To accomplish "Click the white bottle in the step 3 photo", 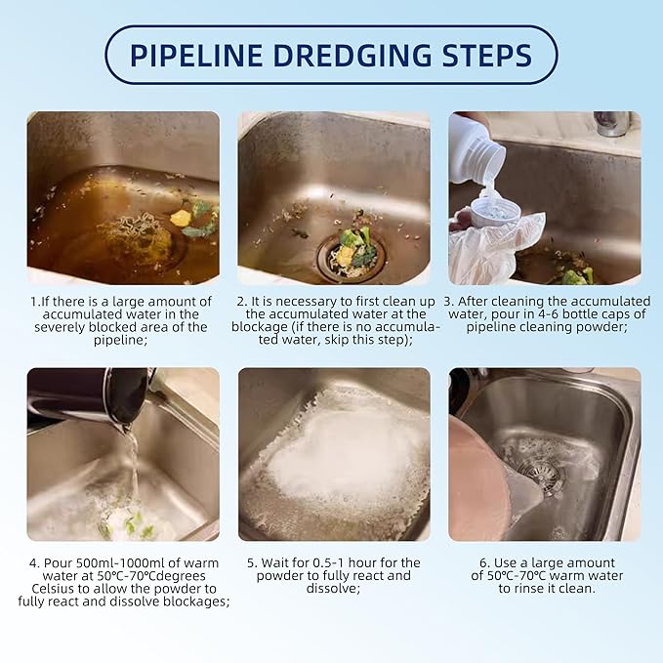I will (x=477, y=147).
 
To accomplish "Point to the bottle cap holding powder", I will (x=495, y=208).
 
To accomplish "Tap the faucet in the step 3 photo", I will (x=612, y=123).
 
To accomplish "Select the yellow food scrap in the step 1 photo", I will (x=181, y=218).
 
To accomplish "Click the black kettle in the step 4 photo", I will (x=93, y=395).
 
